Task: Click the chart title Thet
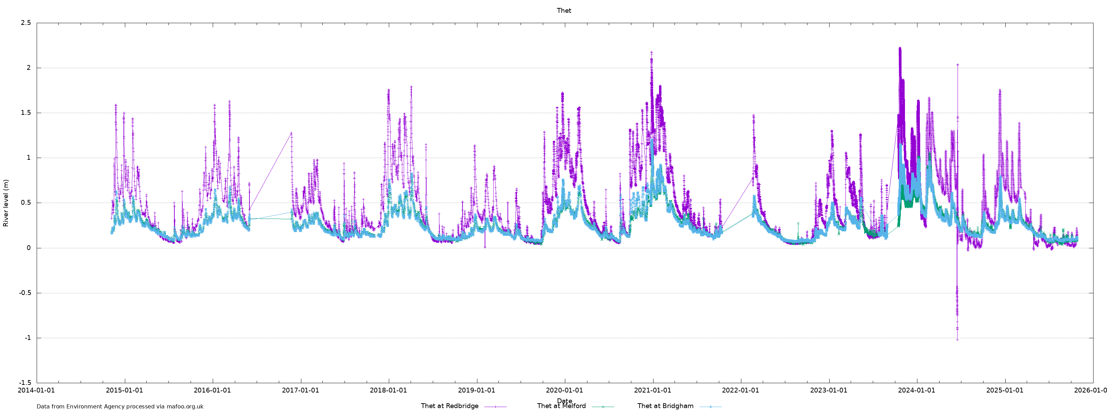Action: pyautogui.click(x=564, y=11)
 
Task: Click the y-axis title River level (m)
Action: pyautogui.click(x=6, y=203)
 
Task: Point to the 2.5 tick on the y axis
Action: pyautogui.click(x=26, y=23)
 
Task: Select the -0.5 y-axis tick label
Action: pyautogui.click(x=25, y=293)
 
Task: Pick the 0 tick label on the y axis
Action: pyautogui.click(x=28, y=248)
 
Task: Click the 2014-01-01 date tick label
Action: pyautogui.click(x=36, y=390)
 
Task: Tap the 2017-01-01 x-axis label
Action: pyautogui.click(x=300, y=390)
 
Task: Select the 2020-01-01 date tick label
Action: pyautogui.click(x=564, y=390)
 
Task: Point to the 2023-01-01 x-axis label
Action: pyautogui.click(x=829, y=390)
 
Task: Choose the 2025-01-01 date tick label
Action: pyautogui.click(x=1005, y=390)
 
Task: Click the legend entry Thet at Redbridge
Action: pyautogui.click(x=449, y=406)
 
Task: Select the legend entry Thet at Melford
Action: pyautogui.click(x=561, y=406)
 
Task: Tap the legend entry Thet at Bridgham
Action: pyautogui.click(x=665, y=406)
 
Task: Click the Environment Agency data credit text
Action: pyautogui.click(x=120, y=406)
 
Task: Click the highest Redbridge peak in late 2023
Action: pyautogui.click(x=899, y=48)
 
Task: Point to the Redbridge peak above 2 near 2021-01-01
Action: pyautogui.click(x=651, y=53)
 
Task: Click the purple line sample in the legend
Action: pyautogui.click(x=495, y=406)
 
